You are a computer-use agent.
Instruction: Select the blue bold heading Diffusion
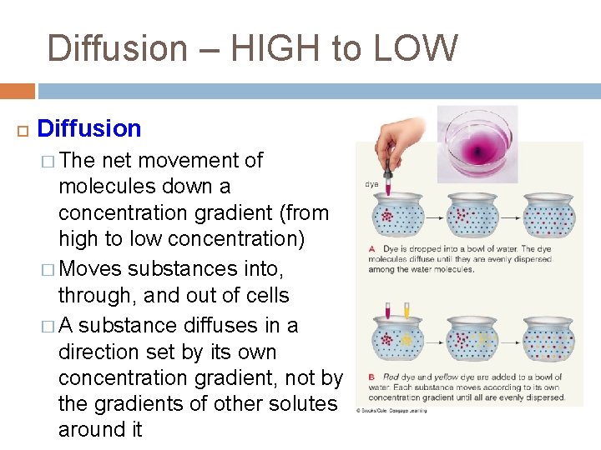(89, 128)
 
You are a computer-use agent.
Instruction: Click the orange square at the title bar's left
(17, 91)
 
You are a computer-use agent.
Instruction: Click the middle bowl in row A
(473, 217)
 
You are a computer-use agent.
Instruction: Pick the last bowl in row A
(548, 217)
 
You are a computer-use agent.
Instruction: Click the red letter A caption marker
(371, 248)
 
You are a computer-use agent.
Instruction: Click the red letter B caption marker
(371, 377)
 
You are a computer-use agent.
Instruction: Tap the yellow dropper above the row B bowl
(407, 310)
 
